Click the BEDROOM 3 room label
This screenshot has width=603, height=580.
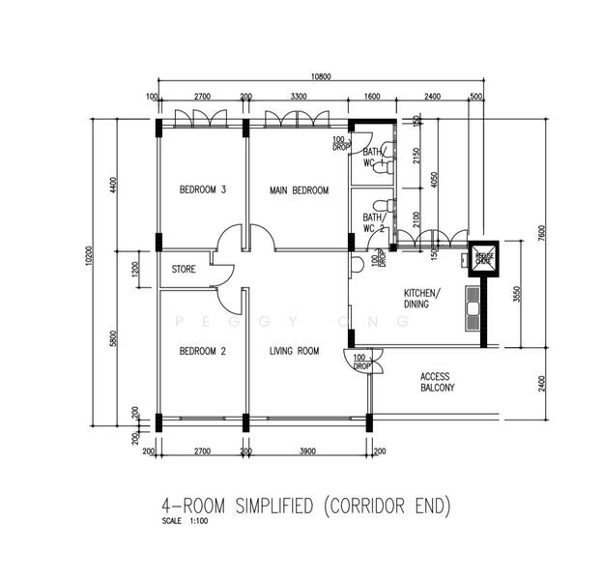pyautogui.click(x=203, y=190)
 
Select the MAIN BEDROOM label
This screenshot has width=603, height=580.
pyautogui.click(x=299, y=190)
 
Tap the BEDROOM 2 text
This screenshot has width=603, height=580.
pyautogui.click(x=203, y=352)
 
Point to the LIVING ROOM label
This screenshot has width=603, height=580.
pyautogui.click(x=294, y=352)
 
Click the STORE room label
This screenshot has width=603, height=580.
pyautogui.click(x=185, y=270)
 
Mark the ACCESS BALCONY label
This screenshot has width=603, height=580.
pyautogui.click(x=437, y=382)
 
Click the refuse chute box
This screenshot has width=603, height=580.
pyautogui.click(x=481, y=258)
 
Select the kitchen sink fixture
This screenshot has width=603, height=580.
pyautogui.click(x=473, y=306)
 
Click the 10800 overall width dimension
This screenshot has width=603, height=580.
pyautogui.click(x=323, y=75)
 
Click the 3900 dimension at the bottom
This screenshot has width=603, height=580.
pyautogui.click(x=306, y=451)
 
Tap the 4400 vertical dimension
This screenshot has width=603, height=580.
pyautogui.click(x=113, y=186)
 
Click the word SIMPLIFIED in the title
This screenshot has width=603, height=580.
pyautogui.click(x=264, y=506)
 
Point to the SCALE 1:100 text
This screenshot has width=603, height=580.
pyautogui.click(x=185, y=523)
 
